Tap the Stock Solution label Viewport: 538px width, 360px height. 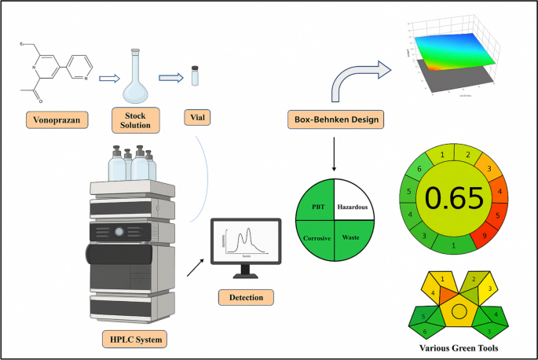tap(137, 119)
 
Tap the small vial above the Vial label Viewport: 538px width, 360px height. tap(195, 78)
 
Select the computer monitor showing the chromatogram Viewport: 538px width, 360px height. tap(247, 243)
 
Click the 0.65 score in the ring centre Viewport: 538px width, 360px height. tap(455, 200)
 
